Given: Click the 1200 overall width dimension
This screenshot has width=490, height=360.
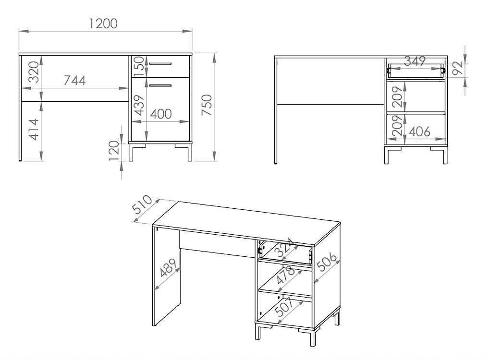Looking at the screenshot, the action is coord(103,24).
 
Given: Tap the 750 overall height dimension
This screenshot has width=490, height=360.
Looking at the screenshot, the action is coord(207,106).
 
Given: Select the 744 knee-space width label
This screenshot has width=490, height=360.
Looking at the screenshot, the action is coord(74,81).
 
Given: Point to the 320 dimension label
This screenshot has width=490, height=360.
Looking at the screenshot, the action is coord(34,72).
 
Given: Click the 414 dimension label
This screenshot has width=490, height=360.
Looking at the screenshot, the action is coord(34,130).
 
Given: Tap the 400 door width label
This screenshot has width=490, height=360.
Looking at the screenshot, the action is coord(161,114).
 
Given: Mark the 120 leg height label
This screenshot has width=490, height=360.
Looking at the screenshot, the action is coord(114,151).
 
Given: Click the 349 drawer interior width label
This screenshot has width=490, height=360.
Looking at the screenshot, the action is coord(415,61).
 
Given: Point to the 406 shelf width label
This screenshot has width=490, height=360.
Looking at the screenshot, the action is coord(420,132).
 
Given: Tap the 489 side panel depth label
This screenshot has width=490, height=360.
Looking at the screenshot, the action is coord(169,267).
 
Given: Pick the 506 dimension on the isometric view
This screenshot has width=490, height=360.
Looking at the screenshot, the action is coord(327,261).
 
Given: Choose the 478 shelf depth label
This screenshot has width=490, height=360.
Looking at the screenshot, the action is coord(286,275).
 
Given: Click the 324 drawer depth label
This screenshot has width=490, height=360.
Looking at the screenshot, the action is coord(284,247).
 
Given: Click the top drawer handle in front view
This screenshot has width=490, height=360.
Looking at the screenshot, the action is coord(160,64).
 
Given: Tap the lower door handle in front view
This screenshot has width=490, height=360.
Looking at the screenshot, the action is coord(160,85).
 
